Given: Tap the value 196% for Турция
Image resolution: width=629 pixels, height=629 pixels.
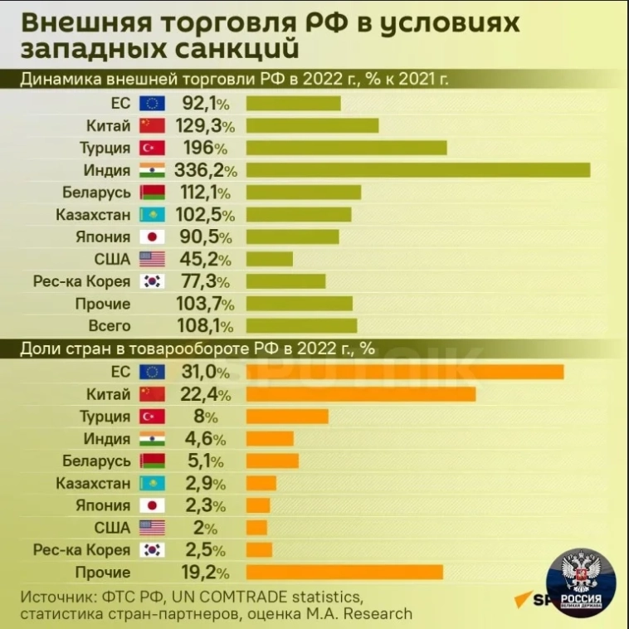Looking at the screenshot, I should click(x=199, y=148).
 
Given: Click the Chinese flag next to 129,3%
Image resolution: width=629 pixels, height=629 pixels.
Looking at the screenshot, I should click(x=152, y=126).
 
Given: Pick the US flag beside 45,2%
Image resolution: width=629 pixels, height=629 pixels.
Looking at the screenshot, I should click(x=152, y=259).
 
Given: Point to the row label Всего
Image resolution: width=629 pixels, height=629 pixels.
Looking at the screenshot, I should click(x=103, y=325).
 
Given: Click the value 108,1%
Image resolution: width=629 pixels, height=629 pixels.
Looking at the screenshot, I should click(x=203, y=325).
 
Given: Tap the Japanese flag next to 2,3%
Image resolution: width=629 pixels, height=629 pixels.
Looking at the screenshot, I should click(x=152, y=505).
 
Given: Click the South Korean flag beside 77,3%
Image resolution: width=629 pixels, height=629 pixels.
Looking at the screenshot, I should click(x=152, y=281).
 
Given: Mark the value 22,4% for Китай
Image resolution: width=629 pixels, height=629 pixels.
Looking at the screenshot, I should click(x=203, y=393).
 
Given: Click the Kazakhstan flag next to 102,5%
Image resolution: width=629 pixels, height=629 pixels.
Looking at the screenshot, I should click(x=152, y=215).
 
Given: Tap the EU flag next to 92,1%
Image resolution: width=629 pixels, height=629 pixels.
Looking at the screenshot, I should click(x=152, y=104).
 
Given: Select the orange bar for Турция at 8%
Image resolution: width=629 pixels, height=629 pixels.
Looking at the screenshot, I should click(x=287, y=416).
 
